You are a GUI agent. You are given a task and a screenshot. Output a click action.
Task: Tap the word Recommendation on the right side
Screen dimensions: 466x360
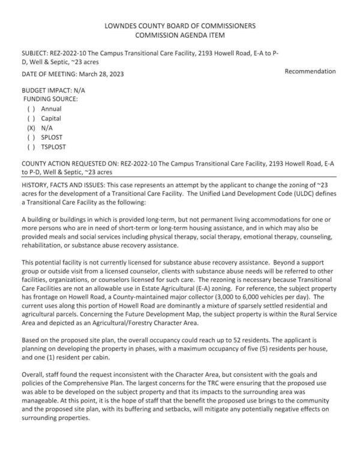[310, 71]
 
